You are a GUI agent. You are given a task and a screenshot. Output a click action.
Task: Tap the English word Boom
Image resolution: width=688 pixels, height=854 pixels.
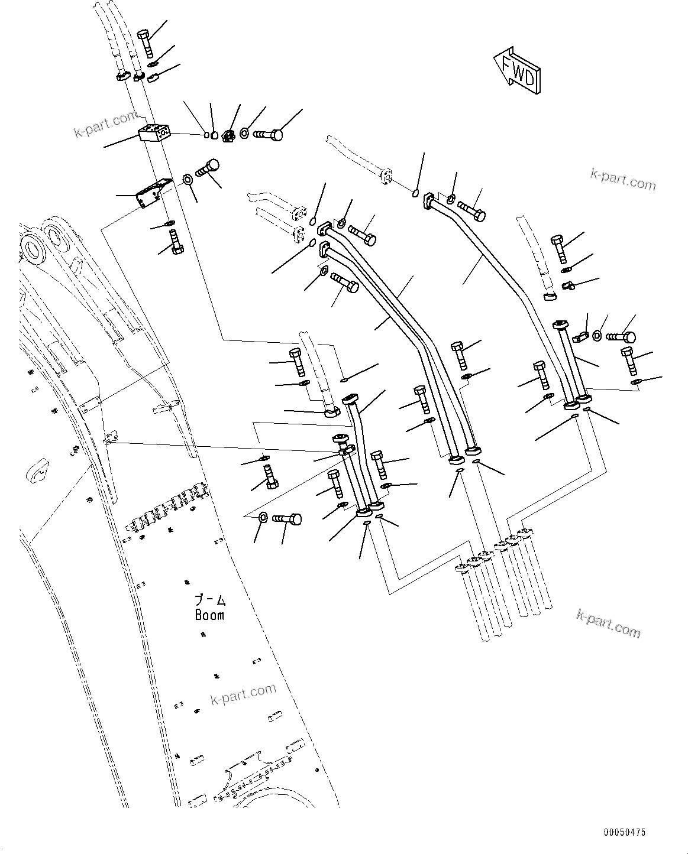tap(209, 615)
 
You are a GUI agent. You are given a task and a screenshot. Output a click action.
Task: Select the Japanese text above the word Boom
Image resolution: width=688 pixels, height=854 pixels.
tap(210, 600)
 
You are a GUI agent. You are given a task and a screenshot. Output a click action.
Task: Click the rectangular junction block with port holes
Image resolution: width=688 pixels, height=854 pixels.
tap(155, 133)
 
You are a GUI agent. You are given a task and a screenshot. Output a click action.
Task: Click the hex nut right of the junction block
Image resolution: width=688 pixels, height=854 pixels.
tap(230, 135)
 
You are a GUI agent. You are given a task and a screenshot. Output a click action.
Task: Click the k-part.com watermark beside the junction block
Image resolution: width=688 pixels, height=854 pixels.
tap(105, 124)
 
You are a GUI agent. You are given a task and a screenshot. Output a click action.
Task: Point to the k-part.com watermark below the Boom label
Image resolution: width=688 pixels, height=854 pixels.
tap(243, 694)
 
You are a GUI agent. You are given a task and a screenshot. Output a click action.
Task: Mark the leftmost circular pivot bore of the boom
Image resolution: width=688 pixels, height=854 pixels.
tap(33, 248)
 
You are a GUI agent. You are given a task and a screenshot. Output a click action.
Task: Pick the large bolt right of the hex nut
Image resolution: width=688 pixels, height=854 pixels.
tap(268, 135)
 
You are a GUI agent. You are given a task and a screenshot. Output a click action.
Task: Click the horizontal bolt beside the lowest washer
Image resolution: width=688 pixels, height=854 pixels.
tap(288, 519)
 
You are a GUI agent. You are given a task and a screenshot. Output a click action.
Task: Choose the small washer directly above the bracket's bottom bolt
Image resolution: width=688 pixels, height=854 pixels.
tap(169, 223)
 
